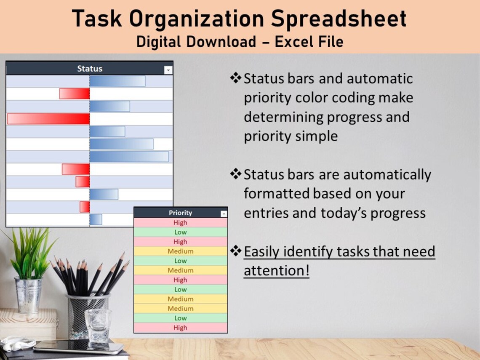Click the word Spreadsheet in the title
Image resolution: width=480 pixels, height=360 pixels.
pyautogui.click(x=339, y=19)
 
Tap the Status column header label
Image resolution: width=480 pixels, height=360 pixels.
pyautogui.click(x=90, y=69)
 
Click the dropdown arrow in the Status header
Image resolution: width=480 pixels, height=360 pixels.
pyautogui.click(x=168, y=70)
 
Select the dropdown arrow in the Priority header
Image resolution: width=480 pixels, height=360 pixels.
pyautogui.click(x=224, y=214)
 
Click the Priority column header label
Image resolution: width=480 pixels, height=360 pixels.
pyautogui.click(x=180, y=213)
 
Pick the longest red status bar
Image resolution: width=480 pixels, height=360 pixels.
pyautogui.click(x=48, y=119)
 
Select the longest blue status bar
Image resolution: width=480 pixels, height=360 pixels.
pyautogui.click(x=129, y=157)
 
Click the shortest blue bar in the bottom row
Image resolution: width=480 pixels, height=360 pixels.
pyautogui.click(x=96, y=219)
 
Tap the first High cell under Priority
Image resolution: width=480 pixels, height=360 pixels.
pyautogui.click(x=180, y=223)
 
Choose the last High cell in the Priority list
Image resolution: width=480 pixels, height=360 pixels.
pyautogui.click(x=180, y=328)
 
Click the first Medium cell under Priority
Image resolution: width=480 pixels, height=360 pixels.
pyautogui.click(x=180, y=251)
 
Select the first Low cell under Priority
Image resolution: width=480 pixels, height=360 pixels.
pyautogui.click(x=180, y=232)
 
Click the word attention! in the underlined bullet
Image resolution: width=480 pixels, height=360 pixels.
pyautogui.click(x=277, y=271)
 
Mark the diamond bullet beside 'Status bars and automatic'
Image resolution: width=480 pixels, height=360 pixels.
pyautogui.click(x=236, y=78)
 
